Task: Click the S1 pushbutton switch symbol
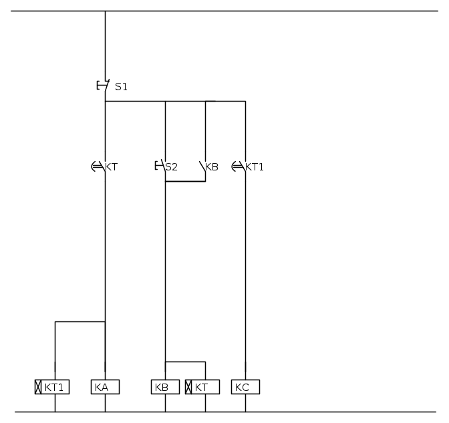(104, 86)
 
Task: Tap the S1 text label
(121, 87)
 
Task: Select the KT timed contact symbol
(98, 166)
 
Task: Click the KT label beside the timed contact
(112, 167)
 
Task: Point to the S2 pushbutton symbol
(160, 166)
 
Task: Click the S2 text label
(172, 167)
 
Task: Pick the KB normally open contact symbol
(202, 167)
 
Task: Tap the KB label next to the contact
(212, 167)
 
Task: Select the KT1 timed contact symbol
(239, 166)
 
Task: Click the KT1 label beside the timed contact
(255, 167)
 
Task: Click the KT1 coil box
(52, 387)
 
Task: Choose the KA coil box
(105, 387)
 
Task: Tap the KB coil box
(165, 387)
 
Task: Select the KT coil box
(202, 387)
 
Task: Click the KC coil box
(245, 387)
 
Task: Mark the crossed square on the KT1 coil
(38, 387)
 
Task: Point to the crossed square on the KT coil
(188, 387)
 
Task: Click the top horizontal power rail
(224, 11)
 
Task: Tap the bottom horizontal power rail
(225, 412)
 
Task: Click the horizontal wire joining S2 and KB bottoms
(185, 181)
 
